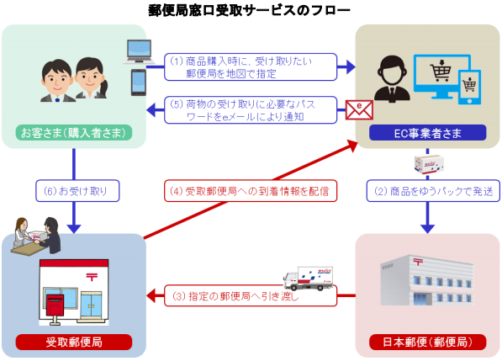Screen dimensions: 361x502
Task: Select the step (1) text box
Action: point(250,66)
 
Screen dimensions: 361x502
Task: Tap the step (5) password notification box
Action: point(250,111)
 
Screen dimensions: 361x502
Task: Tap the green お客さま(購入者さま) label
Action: point(73,133)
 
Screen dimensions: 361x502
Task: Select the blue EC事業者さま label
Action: point(429,133)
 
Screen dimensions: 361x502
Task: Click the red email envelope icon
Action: point(357,108)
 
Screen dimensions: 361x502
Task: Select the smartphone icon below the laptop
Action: point(139,82)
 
